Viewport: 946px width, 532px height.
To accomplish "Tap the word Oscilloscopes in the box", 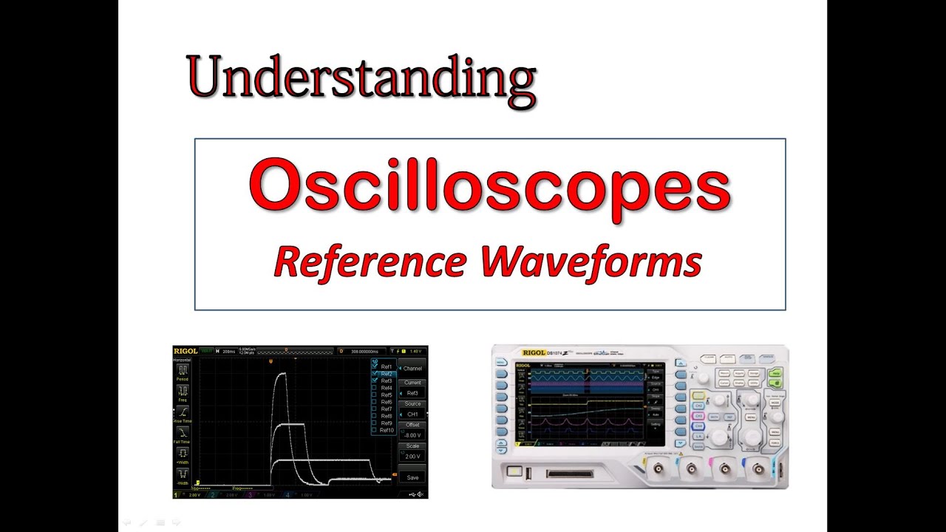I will click(x=489, y=187).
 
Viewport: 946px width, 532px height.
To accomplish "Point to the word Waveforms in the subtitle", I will click(x=591, y=262).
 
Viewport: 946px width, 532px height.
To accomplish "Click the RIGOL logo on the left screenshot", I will click(x=185, y=351).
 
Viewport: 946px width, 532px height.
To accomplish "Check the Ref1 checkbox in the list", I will click(x=375, y=366).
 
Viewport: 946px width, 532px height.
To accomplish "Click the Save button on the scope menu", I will click(x=412, y=477).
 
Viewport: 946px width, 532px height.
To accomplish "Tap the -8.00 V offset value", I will click(x=412, y=435).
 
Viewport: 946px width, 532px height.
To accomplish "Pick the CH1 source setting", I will click(x=412, y=414).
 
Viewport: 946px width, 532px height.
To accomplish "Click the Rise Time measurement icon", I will click(x=182, y=412).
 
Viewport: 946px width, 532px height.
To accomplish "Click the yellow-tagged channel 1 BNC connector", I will click(x=657, y=467).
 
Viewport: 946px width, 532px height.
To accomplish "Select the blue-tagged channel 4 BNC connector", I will click(x=758, y=467).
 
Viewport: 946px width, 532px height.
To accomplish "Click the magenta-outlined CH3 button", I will click(x=698, y=426).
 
